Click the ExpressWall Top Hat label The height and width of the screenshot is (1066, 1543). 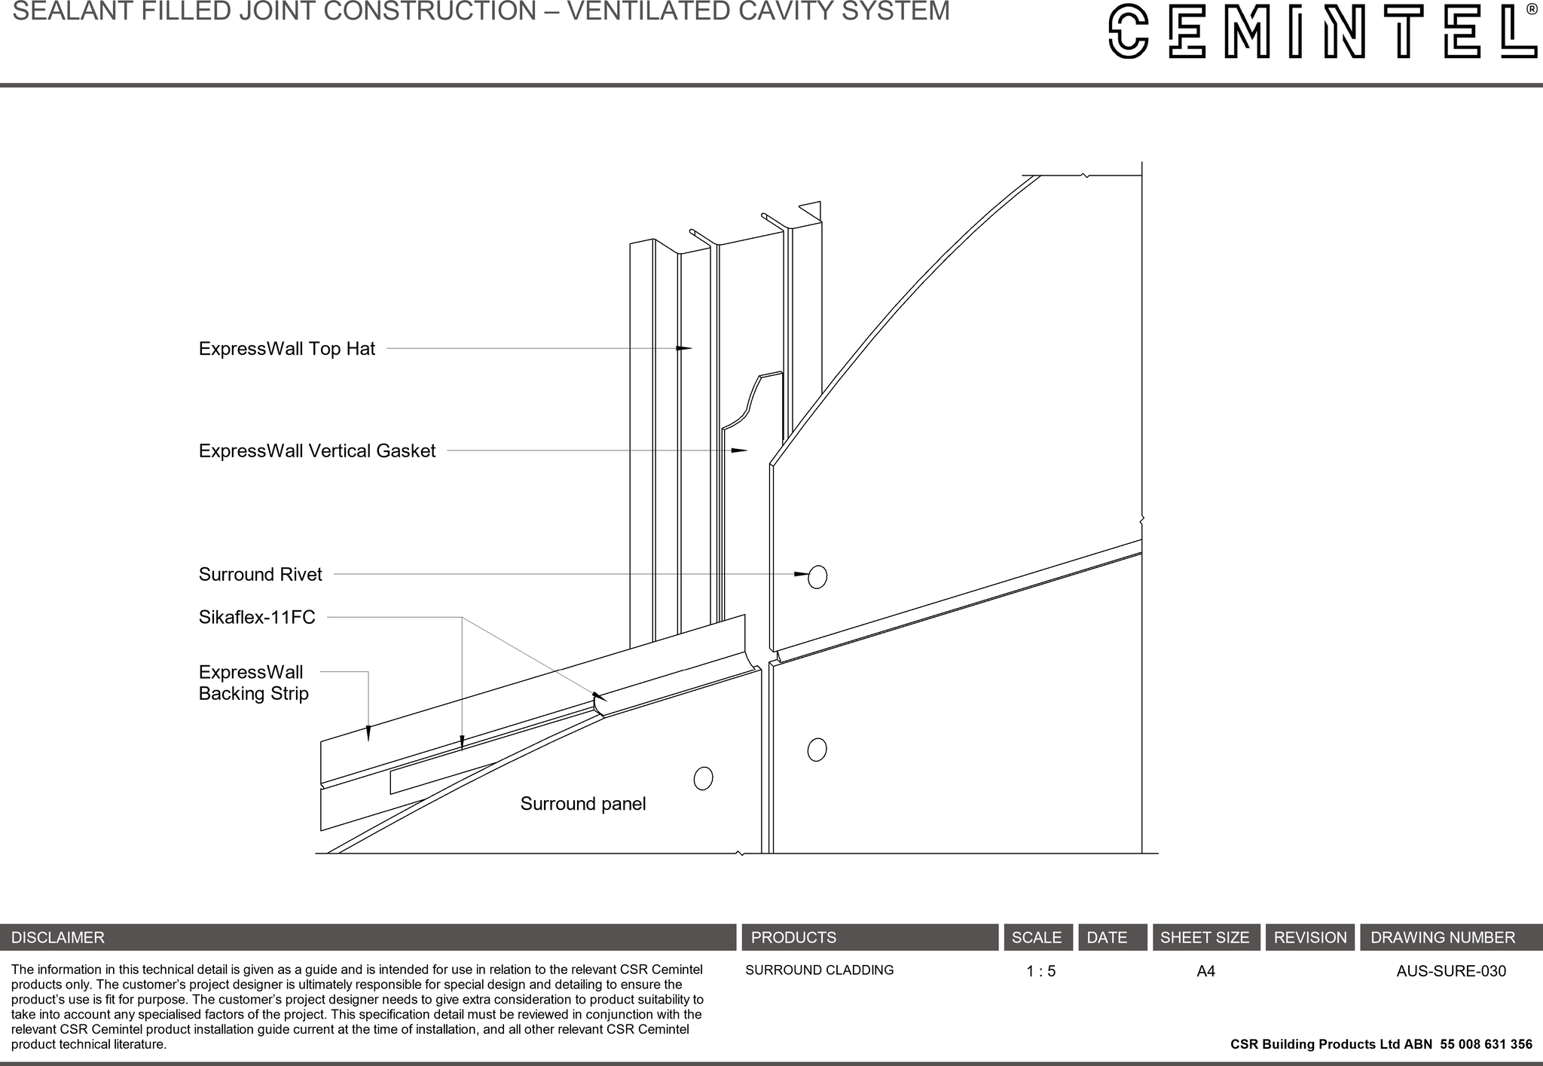[x=286, y=349]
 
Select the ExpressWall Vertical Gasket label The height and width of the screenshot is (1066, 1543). [x=316, y=451]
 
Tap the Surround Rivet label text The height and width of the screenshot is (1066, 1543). [x=260, y=575]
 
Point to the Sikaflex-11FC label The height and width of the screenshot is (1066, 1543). [x=257, y=618]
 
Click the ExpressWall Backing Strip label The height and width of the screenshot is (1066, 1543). [x=253, y=683]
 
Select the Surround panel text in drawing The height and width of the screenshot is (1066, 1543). [x=582, y=804]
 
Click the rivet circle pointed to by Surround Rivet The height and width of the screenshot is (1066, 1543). [x=817, y=576]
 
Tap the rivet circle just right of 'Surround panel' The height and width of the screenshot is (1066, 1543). [x=703, y=778]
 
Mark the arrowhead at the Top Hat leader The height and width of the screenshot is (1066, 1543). [x=684, y=348]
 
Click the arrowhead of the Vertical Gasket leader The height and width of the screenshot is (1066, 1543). [x=740, y=451]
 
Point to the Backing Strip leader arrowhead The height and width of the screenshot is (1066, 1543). [x=368, y=734]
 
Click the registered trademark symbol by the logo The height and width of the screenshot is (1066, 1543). [x=1532, y=10]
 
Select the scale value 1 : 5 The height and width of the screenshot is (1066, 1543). [x=1040, y=972]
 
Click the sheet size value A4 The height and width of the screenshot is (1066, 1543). [x=1205, y=972]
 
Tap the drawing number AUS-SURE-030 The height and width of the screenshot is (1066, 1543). [x=1450, y=972]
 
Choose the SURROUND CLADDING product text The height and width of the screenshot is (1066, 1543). [x=819, y=970]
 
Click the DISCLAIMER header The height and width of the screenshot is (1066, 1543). [x=58, y=938]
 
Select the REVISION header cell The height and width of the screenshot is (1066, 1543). [x=1309, y=938]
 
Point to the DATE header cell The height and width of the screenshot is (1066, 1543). [x=1107, y=938]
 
